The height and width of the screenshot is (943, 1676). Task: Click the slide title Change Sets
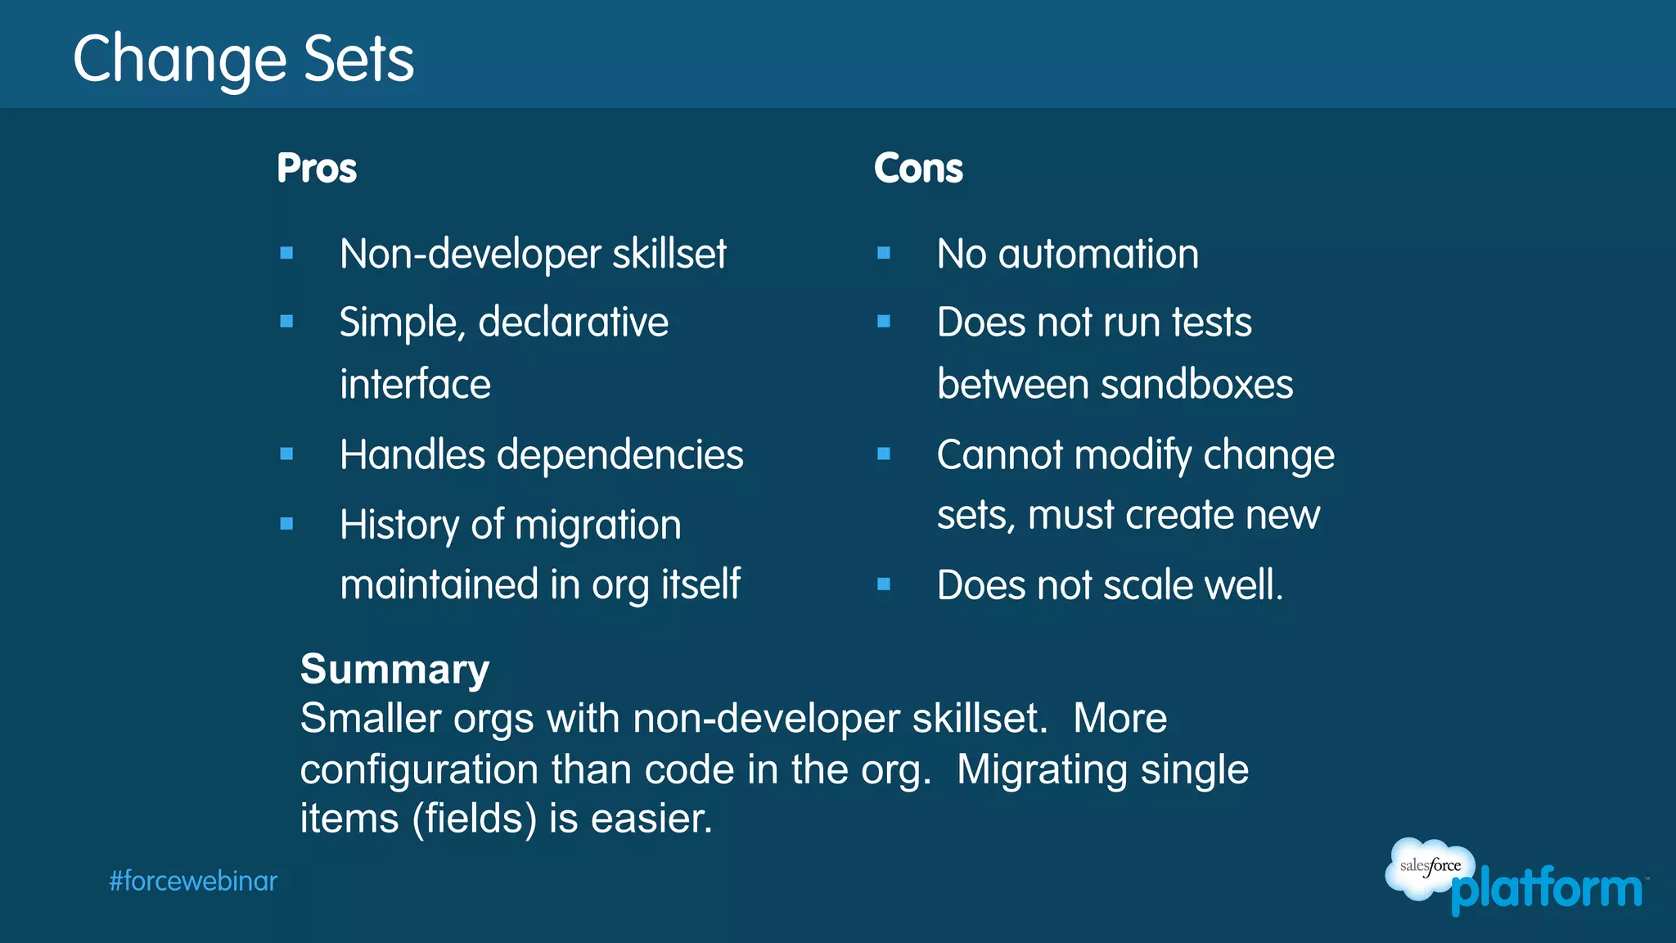tap(243, 59)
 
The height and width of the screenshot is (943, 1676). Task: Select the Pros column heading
tap(317, 169)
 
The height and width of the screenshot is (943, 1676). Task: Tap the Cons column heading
tap(918, 169)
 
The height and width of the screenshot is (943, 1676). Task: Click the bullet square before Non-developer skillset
tap(286, 254)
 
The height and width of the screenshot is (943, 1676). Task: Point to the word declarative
tap(573, 322)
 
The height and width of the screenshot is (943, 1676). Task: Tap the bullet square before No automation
tap(884, 254)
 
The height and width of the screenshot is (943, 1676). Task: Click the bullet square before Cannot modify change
tap(884, 454)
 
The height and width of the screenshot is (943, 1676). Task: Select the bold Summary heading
tap(394, 670)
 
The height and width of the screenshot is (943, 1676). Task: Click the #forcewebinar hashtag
tap(193, 882)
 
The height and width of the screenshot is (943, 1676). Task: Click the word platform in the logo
tap(1547, 890)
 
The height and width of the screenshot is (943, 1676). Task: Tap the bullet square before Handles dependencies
tap(286, 454)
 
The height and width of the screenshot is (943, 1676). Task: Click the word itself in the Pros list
tap(701, 584)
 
